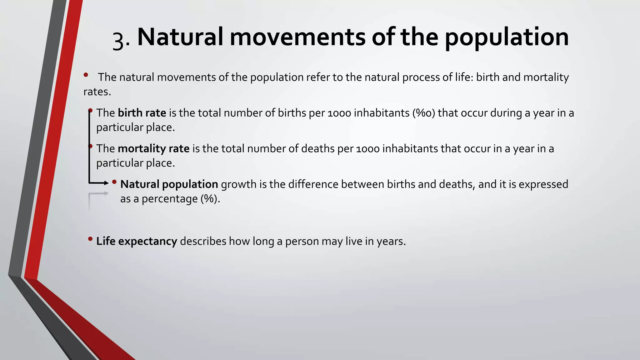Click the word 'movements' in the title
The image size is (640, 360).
click(297, 37)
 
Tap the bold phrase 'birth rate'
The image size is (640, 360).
click(142, 113)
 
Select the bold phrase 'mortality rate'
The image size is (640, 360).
click(153, 148)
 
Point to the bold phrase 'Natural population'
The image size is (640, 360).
click(169, 184)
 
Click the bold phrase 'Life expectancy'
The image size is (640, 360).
click(137, 241)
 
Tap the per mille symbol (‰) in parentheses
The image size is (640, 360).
click(424, 113)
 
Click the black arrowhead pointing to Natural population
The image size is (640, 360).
click(106, 183)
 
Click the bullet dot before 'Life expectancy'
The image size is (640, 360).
click(90, 239)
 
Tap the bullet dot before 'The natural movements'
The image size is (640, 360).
click(86, 75)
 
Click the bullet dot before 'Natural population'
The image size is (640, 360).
click(114, 182)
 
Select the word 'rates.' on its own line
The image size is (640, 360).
click(97, 92)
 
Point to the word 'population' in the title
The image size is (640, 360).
click(507, 37)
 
